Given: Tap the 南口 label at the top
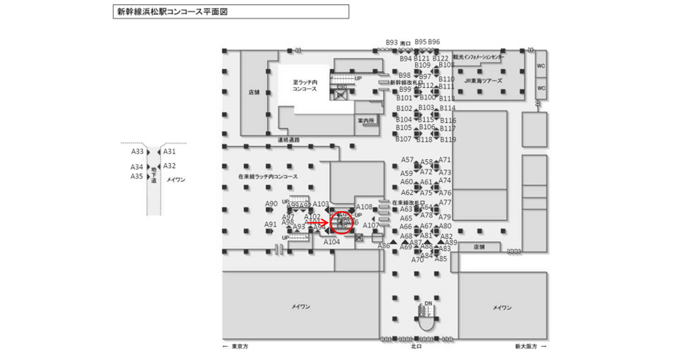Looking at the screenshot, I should point(405,43).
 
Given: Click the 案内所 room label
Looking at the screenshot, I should point(366,120).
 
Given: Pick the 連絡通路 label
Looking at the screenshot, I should point(288,139).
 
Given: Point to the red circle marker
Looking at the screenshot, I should point(343,221).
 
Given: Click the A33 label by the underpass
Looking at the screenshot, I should point(137,152).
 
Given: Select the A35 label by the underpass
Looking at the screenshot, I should point(136,176).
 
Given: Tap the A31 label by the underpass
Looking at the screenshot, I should point(169,151).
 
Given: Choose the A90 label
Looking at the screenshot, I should point(271,204).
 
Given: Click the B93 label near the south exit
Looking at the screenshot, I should point(392,43).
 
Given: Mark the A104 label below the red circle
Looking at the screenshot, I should point(331,241).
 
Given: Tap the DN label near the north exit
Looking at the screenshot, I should point(428,303).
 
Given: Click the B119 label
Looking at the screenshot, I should point(448,139).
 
